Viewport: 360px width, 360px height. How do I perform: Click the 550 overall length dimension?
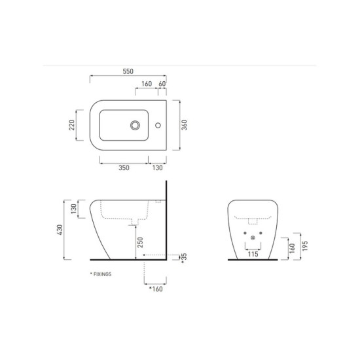[128, 71]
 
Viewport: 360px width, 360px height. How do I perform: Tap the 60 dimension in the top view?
[162, 84]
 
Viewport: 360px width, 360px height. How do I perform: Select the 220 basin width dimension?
[72, 125]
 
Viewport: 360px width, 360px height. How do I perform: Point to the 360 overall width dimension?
[184, 125]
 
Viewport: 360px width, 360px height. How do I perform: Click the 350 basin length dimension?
[124, 168]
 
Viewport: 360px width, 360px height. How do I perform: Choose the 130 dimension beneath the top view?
[158, 168]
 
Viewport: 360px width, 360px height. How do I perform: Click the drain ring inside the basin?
[135, 126]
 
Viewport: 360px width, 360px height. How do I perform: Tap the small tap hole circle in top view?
[158, 126]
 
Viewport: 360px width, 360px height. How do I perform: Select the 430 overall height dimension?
[60, 230]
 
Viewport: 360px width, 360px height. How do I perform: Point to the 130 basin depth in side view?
[73, 209]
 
